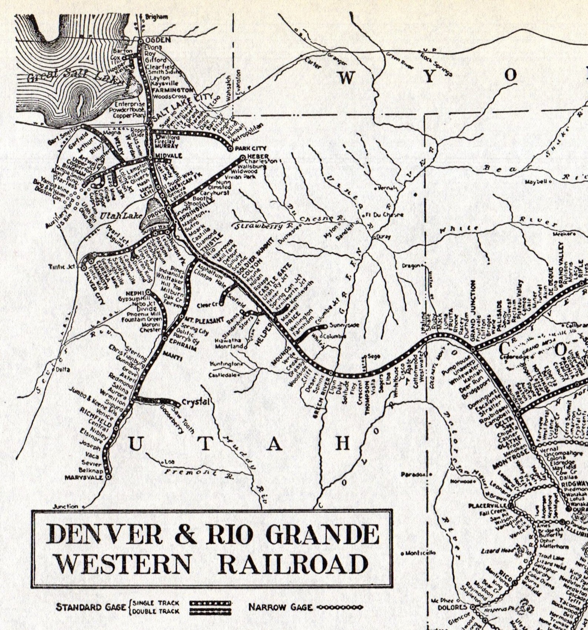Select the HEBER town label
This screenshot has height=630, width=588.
[258, 157]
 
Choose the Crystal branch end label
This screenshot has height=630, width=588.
[196, 402]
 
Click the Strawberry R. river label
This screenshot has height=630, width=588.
[263, 226]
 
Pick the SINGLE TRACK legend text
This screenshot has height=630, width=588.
[156, 603]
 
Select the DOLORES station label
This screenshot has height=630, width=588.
[452, 607]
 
